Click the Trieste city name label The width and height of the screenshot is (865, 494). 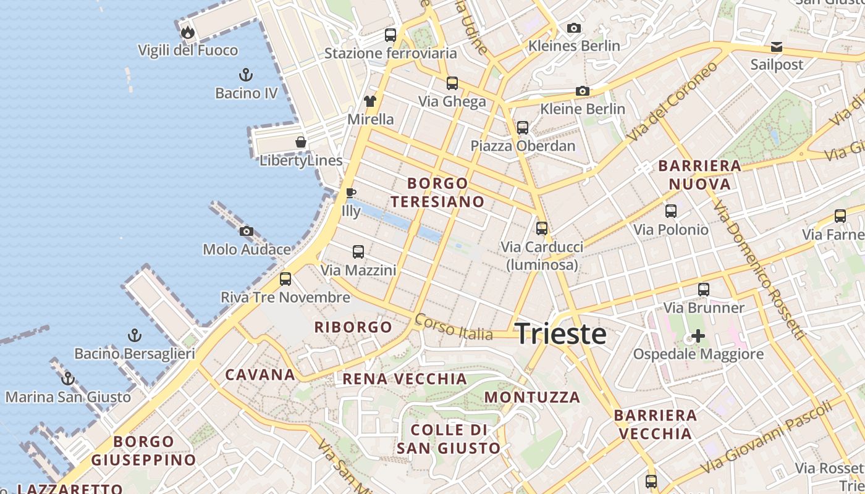click(560, 334)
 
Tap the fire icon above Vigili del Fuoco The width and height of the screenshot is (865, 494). click(188, 31)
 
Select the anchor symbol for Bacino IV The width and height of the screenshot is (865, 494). click(246, 75)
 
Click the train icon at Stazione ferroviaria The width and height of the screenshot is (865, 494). click(390, 35)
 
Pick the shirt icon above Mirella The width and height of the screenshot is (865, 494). click(370, 101)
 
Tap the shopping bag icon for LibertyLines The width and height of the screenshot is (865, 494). click(301, 143)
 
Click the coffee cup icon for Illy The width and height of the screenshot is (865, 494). click(351, 193)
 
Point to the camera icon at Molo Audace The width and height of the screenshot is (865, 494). click(247, 232)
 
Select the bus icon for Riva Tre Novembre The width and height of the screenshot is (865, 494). click(285, 279)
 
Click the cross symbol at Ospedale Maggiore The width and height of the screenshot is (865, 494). click(698, 337)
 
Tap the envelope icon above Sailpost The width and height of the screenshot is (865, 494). click(777, 47)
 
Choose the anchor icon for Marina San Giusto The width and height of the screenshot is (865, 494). click(68, 379)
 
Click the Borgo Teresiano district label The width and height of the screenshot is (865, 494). click(437, 193)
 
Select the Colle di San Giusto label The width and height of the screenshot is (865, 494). click(449, 439)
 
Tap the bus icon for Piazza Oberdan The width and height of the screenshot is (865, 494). click(523, 128)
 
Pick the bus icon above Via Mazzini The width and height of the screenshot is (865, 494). click(358, 252)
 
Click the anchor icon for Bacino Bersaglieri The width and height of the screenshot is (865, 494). click(134, 336)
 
